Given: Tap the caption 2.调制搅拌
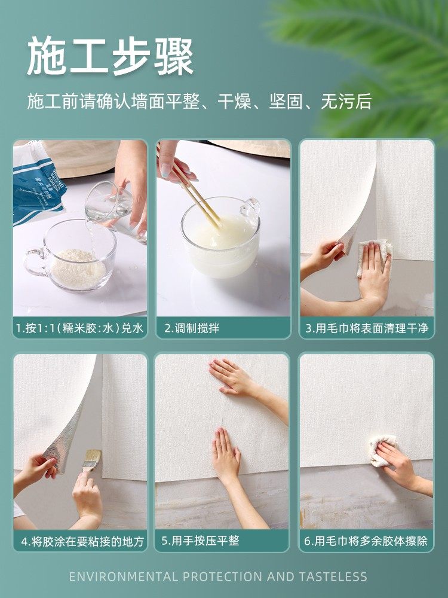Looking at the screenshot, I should click(192, 328).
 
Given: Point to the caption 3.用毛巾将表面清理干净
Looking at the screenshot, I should click(367, 328).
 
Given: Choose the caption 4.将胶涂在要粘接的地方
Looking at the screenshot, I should click(82, 542).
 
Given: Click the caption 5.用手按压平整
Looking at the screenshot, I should click(200, 542).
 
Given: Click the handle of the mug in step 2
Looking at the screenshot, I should click(251, 209).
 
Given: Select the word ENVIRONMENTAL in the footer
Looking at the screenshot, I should click(123, 577).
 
